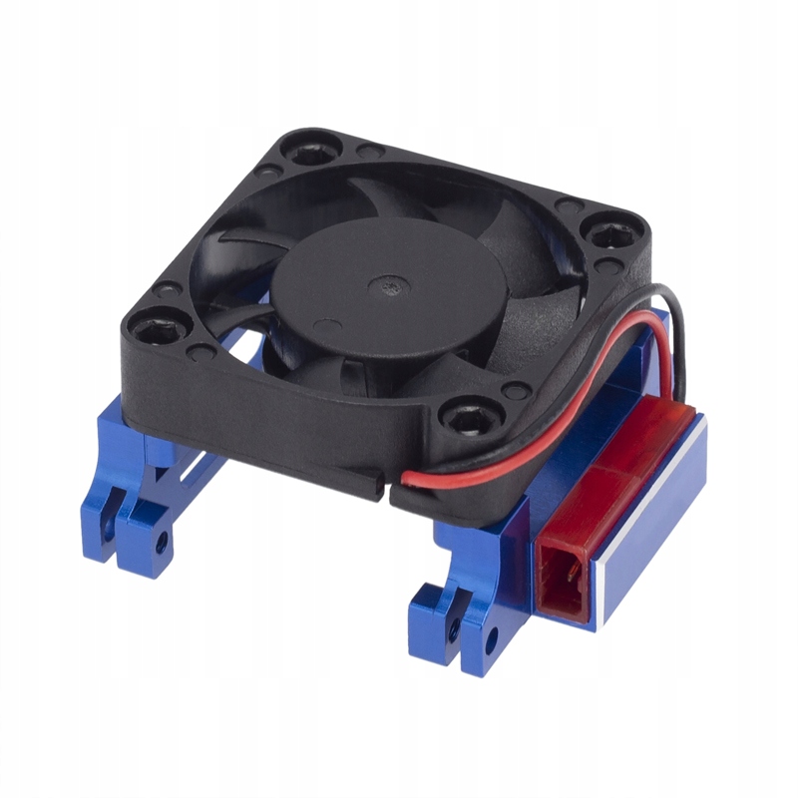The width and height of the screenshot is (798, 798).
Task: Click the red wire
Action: (479, 470)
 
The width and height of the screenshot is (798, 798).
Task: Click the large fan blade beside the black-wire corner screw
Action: (519, 249)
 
